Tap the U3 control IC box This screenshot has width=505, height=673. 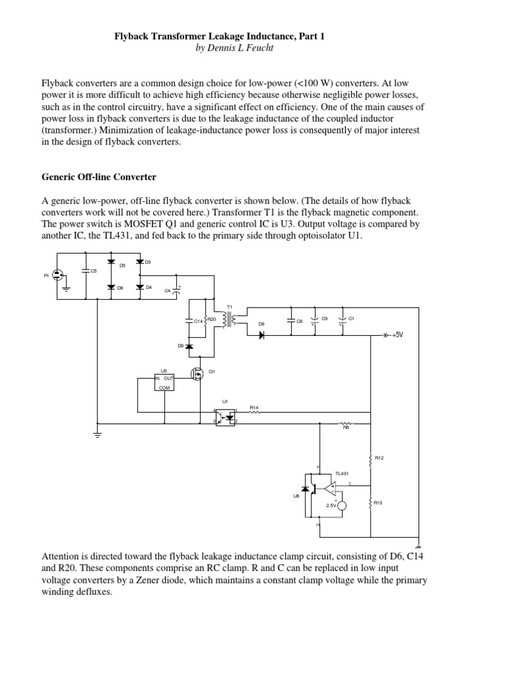[x=164, y=381]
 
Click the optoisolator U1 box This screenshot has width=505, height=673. [x=226, y=417]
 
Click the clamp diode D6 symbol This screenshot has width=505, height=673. [x=190, y=346]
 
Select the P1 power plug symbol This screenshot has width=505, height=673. [x=57, y=275]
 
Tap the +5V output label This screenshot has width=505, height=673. [x=398, y=335]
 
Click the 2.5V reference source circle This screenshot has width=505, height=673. [x=341, y=505]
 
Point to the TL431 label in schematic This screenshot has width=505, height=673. [x=341, y=473]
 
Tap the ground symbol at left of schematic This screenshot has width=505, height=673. [x=97, y=434]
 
